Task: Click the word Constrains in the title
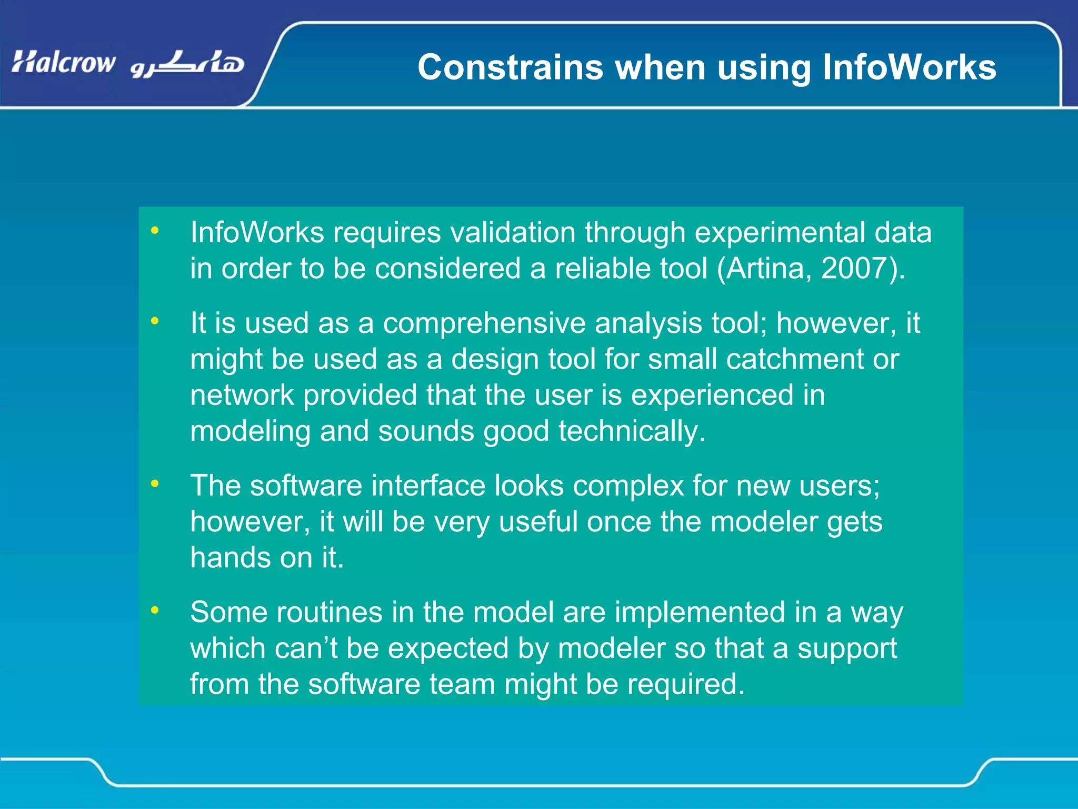(x=511, y=68)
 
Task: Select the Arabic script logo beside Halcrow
(x=187, y=64)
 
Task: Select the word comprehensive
(x=484, y=323)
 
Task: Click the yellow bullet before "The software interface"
(x=154, y=484)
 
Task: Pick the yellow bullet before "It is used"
(x=154, y=321)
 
